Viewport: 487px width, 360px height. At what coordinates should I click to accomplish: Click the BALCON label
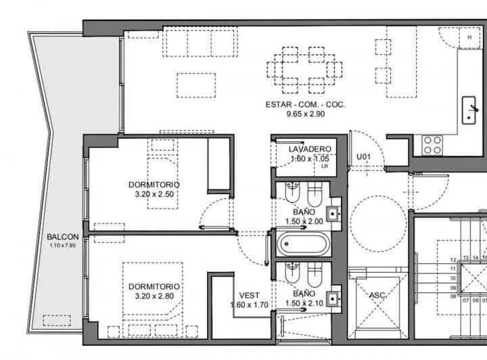pyautogui.click(x=63, y=237)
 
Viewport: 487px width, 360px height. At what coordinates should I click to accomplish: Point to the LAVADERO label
pyautogui.click(x=309, y=149)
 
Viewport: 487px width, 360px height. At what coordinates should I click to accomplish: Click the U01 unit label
pyautogui.click(x=363, y=157)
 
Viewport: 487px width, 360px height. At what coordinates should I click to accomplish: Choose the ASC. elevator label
pyautogui.click(x=377, y=296)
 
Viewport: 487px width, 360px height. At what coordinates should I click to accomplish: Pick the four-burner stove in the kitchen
pyautogui.click(x=432, y=144)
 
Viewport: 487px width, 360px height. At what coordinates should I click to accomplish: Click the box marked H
pyautogui.click(x=469, y=38)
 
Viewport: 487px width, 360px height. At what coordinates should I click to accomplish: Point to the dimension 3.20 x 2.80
pyautogui.click(x=154, y=296)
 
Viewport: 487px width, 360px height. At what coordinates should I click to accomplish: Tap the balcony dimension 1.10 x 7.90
pyautogui.click(x=63, y=246)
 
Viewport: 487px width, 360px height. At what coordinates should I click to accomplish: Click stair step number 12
pyautogui.click(x=453, y=260)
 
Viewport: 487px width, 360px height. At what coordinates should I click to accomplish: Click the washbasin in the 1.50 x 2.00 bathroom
pyautogui.click(x=333, y=215)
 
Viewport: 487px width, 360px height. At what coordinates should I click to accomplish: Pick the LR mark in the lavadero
pyautogui.click(x=324, y=166)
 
